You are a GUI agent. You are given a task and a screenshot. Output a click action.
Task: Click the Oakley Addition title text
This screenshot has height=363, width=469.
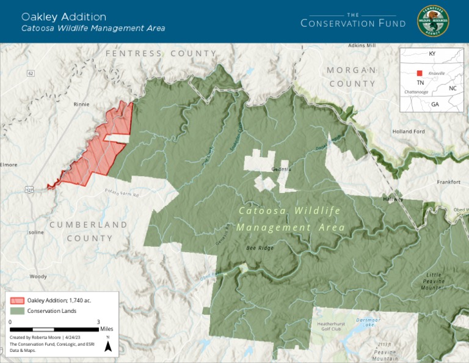coord(64,16)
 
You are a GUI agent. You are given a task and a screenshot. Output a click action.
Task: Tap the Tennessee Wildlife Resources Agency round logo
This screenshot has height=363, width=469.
coord(432,21)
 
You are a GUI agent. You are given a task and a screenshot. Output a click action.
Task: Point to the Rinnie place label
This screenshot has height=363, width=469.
coord(81,104)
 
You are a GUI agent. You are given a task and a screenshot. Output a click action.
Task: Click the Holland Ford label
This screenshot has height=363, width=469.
coord(408,131)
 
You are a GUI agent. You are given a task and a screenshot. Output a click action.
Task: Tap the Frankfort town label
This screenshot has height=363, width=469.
coord(448,182)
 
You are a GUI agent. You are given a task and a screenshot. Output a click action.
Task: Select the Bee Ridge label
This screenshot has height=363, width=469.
coord(260,248)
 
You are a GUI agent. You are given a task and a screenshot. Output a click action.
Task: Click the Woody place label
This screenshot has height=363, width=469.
coord(38,276)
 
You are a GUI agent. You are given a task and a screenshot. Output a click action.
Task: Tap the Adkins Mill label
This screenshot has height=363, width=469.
coord(362,46)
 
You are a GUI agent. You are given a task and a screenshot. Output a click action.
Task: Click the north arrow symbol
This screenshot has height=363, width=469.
coord(108,346)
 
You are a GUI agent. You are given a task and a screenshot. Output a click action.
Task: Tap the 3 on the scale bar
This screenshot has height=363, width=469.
coord(98,321)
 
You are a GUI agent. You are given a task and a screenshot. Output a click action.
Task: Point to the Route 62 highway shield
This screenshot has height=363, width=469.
coord(31,73)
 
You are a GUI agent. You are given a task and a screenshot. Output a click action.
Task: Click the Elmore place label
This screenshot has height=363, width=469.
coord(9,164)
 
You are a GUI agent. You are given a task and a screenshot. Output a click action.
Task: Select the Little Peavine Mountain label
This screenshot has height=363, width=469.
coord(434,280)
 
